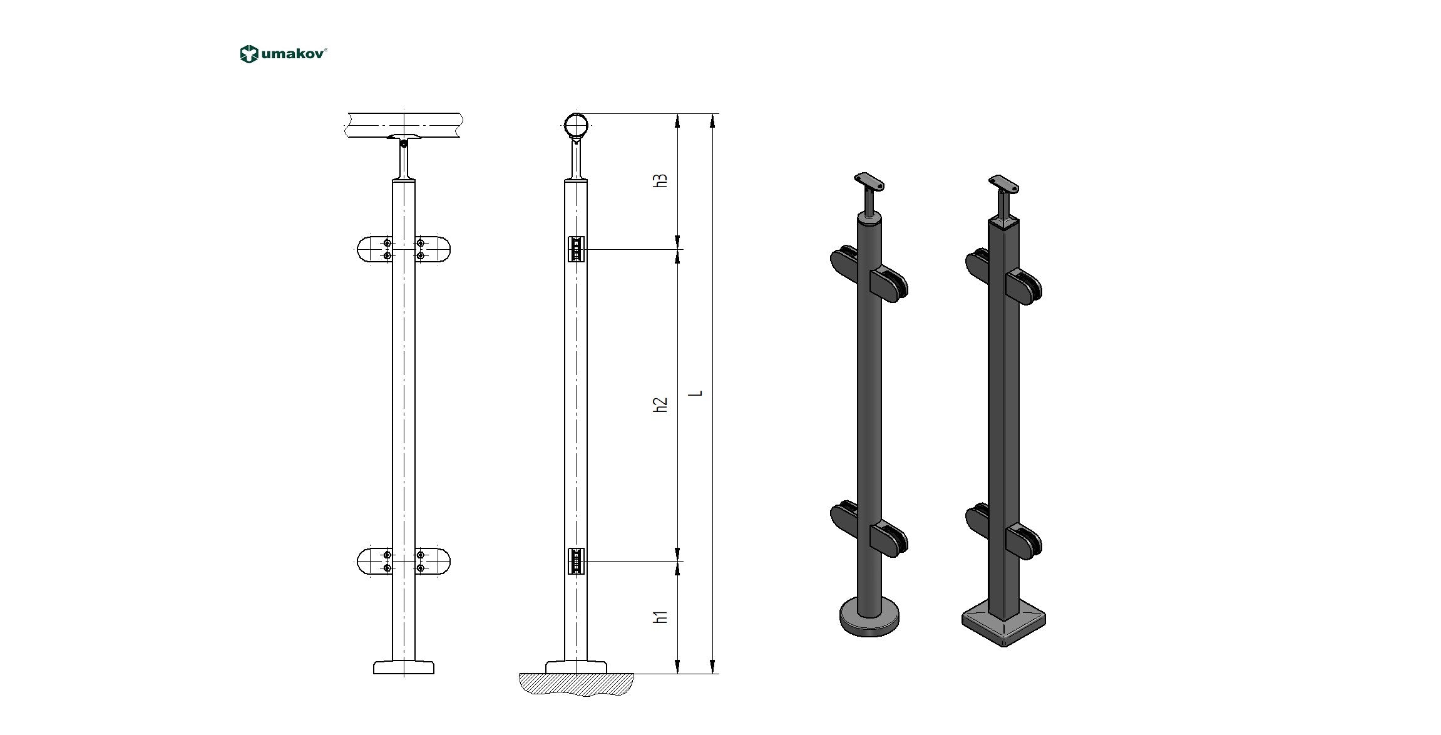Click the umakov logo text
point(293,54)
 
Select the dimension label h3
point(660,180)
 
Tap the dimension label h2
point(660,404)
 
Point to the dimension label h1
point(660,616)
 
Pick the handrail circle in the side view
point(576,125)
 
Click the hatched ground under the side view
point(576,684)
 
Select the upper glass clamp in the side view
point(576,249)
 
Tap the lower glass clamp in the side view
point(576,561)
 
